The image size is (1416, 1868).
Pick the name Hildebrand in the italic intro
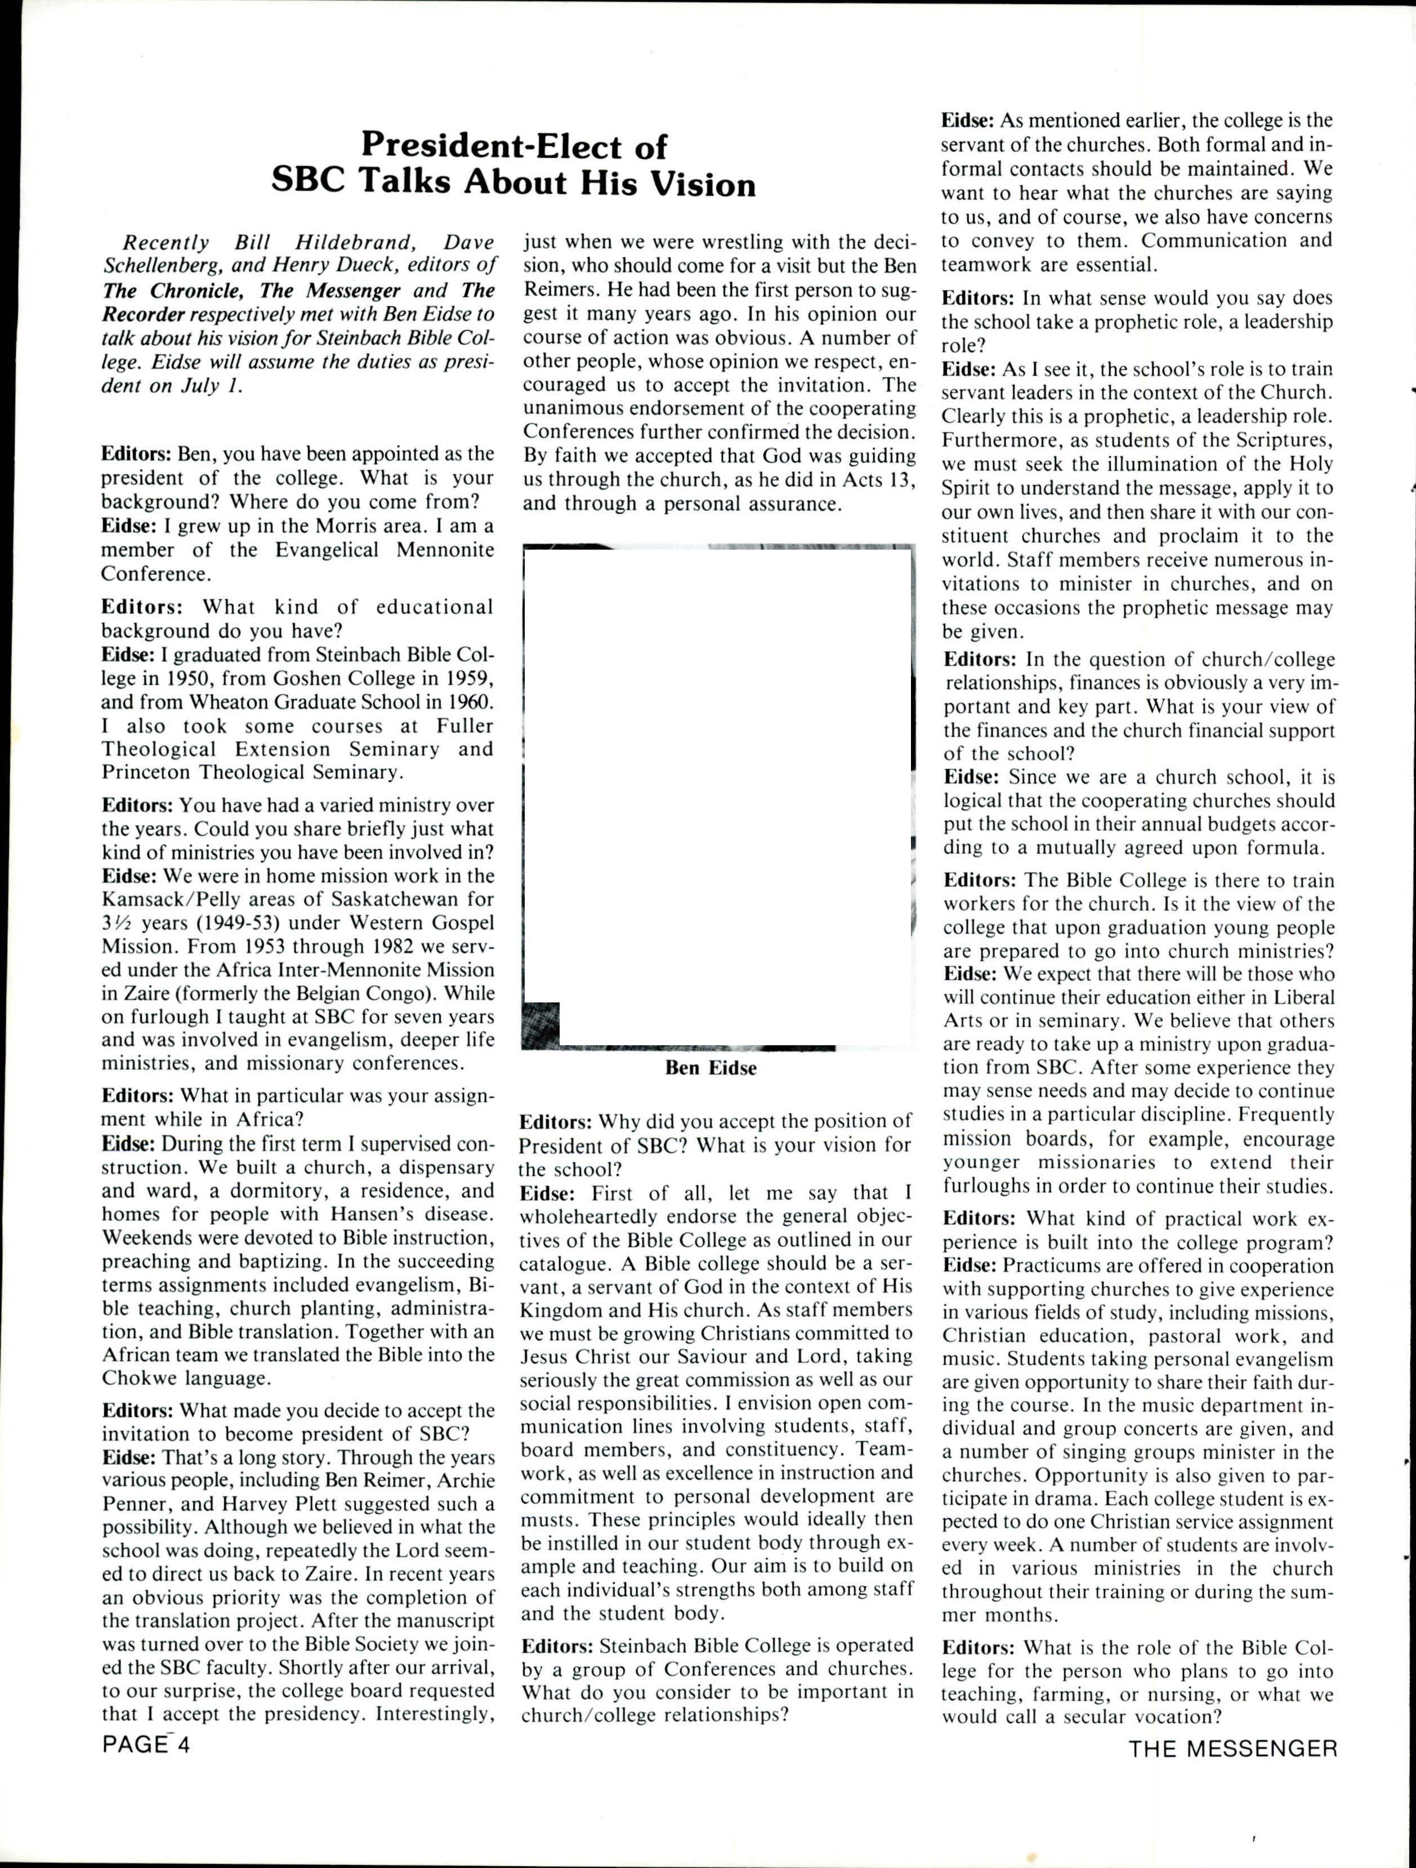pyautogui.click(x=349, y=242)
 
